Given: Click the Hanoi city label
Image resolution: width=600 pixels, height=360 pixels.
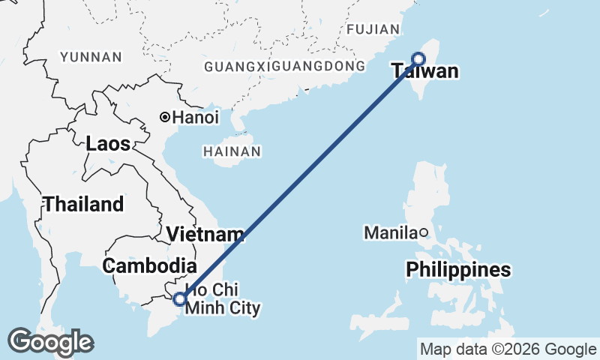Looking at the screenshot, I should (x=196, y=118).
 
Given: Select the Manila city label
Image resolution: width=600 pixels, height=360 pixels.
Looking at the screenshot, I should (x=389, y=233).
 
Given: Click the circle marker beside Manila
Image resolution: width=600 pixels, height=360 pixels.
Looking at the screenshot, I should (x=423, y=232).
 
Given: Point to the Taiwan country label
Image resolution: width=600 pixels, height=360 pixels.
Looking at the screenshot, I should (x=424, y=72).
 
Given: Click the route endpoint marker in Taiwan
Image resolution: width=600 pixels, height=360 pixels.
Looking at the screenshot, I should (x=419, y=59).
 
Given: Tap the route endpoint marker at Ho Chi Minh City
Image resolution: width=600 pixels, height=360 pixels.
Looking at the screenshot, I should (x=179, y=299).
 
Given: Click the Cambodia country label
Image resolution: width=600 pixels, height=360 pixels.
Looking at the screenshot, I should (x=149, y=265).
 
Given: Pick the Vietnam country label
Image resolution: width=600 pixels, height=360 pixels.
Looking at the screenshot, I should (x=205, y=234).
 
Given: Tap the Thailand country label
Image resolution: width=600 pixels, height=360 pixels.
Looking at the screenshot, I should (x=83, y=203).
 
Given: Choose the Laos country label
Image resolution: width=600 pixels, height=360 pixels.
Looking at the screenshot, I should (x=108, y=143).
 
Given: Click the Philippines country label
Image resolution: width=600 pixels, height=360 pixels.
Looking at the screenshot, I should (x=458, y=269).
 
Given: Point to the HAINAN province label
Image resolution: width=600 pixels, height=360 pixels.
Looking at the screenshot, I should (x=232, y=151).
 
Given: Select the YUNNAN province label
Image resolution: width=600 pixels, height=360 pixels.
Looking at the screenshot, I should (x=91, y=57).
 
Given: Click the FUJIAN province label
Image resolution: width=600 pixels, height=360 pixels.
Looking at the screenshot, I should (x=373, y=29).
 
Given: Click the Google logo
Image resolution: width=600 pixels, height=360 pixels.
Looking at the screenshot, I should (x=50, y=342).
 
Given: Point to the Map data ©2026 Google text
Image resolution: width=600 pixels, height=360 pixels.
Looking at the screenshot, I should (x=508, y=349).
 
